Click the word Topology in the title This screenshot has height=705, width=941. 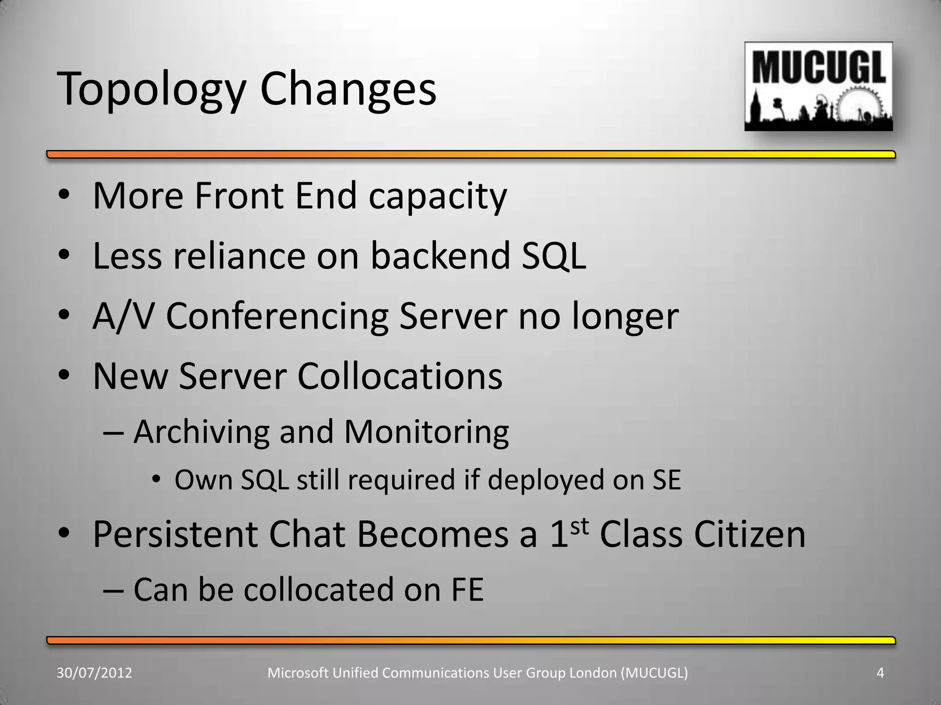(152, 90)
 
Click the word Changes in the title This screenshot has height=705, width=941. (348, 90)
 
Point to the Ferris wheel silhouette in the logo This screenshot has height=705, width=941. (859, 107)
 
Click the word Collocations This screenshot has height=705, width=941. (400, 376)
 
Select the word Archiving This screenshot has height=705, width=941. (201, 433)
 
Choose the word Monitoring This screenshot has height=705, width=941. (426, 433)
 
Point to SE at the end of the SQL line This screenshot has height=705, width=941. (666, 480)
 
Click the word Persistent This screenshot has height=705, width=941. (175, 535)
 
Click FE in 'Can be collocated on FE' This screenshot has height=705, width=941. (467, 590)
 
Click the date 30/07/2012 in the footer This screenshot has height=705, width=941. (94, 673)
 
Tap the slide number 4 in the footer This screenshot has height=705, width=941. (880, 673)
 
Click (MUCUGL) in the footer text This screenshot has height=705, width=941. (654, 673)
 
